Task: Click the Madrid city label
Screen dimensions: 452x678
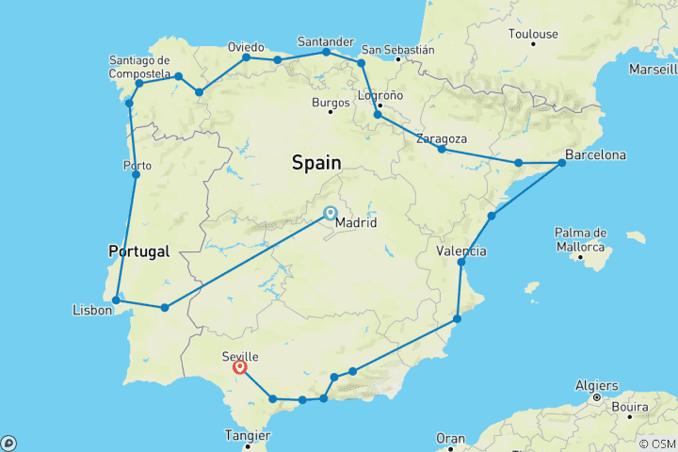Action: point(357,223)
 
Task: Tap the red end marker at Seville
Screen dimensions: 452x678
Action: point(240,367)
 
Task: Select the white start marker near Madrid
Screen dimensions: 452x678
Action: point(331,213)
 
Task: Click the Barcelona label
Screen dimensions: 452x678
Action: point(595,154)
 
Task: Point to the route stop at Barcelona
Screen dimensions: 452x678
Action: point(562,163)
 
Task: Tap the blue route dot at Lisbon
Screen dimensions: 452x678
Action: point(116,300)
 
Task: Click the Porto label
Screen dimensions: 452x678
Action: point(137,166)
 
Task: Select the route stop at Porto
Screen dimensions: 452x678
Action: point(137,175)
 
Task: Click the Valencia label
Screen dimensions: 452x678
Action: point(461,251)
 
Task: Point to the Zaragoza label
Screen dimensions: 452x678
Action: point(444,139)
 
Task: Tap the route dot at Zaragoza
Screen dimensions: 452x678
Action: point(442,149)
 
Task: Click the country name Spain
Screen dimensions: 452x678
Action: point(316,163)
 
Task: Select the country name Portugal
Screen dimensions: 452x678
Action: point(138,251)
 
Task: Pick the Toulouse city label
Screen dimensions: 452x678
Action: point(533,34)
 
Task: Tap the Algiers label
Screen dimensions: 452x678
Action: point(599,385)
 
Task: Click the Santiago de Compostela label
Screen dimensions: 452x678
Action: point(138,69)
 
